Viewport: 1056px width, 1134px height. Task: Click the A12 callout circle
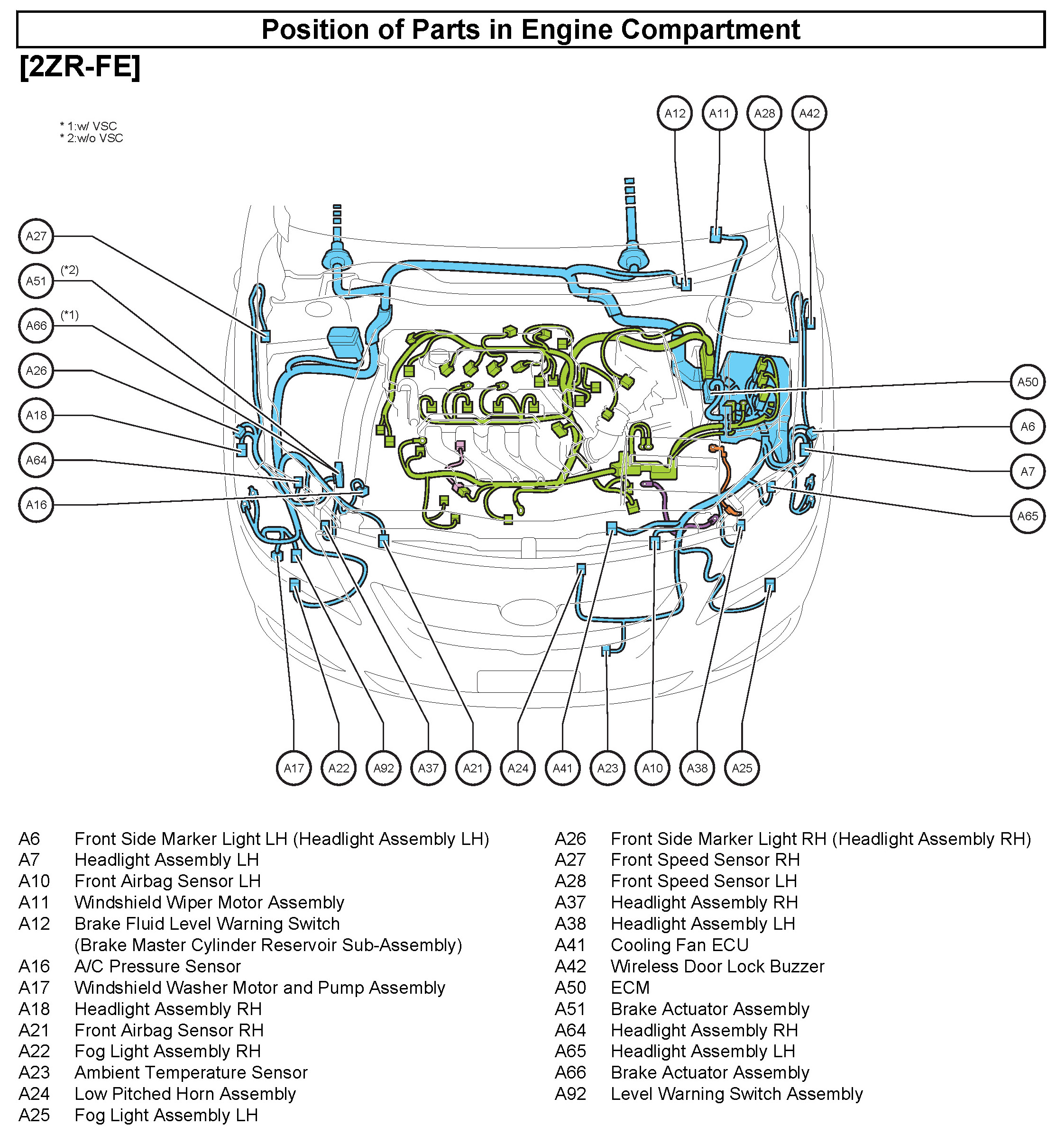(675, 113)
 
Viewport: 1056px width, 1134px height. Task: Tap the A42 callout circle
(809, 113)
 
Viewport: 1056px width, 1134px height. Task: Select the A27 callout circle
(36, 236)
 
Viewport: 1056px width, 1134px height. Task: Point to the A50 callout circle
(1028, 381)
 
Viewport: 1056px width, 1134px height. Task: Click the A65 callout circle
(1028, 516)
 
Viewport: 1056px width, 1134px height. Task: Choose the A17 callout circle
(294, 768)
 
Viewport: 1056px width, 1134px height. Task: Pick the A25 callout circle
(742, 768)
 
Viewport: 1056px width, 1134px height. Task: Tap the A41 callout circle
(563, 768)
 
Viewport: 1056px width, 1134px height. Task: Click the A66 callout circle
(36, 325)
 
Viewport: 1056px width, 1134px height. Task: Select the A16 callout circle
(36, 505)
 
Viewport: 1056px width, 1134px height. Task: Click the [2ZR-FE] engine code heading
(80, 67)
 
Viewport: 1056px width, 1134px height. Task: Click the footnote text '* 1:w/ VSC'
(89, 126)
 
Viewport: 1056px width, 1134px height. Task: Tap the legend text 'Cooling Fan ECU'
(680, 944)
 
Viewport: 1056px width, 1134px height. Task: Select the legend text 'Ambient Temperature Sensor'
(191, 1072)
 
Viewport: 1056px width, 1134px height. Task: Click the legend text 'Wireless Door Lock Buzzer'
(717, 966)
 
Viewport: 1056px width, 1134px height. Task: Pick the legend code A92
(570, 1094)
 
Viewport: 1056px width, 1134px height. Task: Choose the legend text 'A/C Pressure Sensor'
(157, 966)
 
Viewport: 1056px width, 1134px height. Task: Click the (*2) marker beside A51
(70, 270)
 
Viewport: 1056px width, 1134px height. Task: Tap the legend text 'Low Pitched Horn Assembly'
(185, 1094)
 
